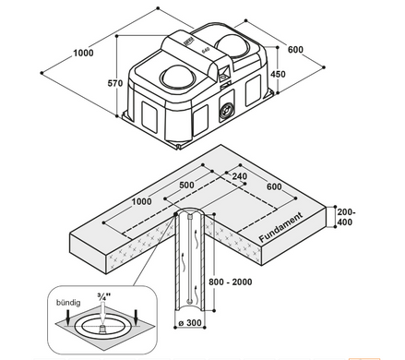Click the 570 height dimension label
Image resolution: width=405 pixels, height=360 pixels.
[x=115, y=83]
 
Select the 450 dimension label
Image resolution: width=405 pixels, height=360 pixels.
[x=278, y=74]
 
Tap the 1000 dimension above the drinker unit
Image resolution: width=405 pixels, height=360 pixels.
[x=83, y=53]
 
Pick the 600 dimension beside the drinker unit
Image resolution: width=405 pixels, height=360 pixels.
[x=295, y=49]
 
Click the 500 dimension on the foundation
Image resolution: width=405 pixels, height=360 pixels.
[x=186, y=185]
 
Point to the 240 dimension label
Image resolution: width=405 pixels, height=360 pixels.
[x=240, y=176]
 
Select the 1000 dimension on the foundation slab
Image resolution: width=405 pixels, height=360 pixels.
[x=141, y=201]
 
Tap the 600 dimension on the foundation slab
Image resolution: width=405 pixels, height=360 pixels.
[x=274, y=186]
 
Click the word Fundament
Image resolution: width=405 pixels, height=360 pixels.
[x=280, y=227]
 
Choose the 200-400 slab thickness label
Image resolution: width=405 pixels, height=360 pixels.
[x=346, y=217]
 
